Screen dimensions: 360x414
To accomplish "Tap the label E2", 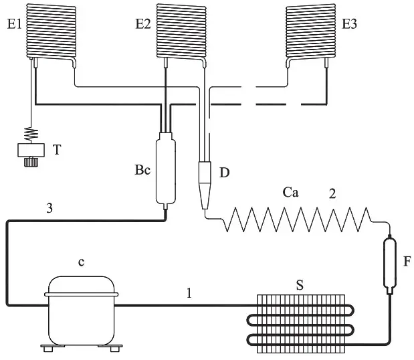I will [143, 23].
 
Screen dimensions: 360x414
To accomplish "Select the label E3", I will [349, 23].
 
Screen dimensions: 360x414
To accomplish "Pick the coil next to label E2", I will [180, 30].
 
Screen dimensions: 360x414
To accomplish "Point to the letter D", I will [224, 173].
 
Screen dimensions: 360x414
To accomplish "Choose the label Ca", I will [290, 193].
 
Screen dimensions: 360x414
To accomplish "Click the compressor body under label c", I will [81, 311].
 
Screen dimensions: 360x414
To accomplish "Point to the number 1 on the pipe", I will [189, 292].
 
